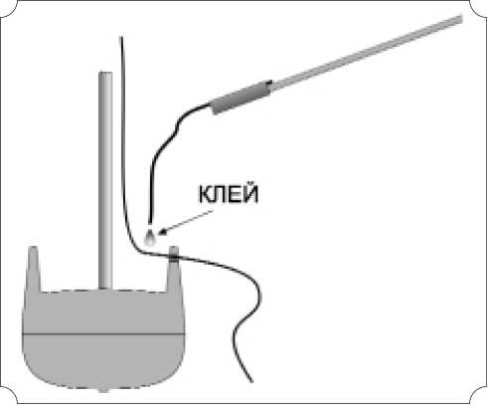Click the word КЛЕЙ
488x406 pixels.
click(x=228, y=193)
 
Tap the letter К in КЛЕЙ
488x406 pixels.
click(x=205, y=194)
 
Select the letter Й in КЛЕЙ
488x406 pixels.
click(x=250, y=193)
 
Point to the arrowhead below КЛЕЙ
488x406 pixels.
click(x=162, y=231)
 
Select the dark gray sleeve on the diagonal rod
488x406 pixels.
click(x=241, y=97)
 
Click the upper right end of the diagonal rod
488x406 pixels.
click(x=462, y=19)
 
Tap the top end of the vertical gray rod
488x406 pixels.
click(x=105, y=73)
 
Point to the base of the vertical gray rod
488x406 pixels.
click(x=105, y=288)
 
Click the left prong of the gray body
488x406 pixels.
click(x=34, y=269)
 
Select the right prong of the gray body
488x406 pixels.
click(x=174, y=269)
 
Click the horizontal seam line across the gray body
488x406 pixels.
click(x=102, y=333)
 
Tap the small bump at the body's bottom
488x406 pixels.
click(x=103, y=389)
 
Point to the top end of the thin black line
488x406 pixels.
click(x=121, y=37)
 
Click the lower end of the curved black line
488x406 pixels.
click(x=251, y=381)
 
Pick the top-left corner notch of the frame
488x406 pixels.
click(x=9, y=9)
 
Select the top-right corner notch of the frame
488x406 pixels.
click(x=479, y=9)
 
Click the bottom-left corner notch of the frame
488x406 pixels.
click(x=9, y=396)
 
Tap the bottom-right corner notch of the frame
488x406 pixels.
click(x=479, y=396)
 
